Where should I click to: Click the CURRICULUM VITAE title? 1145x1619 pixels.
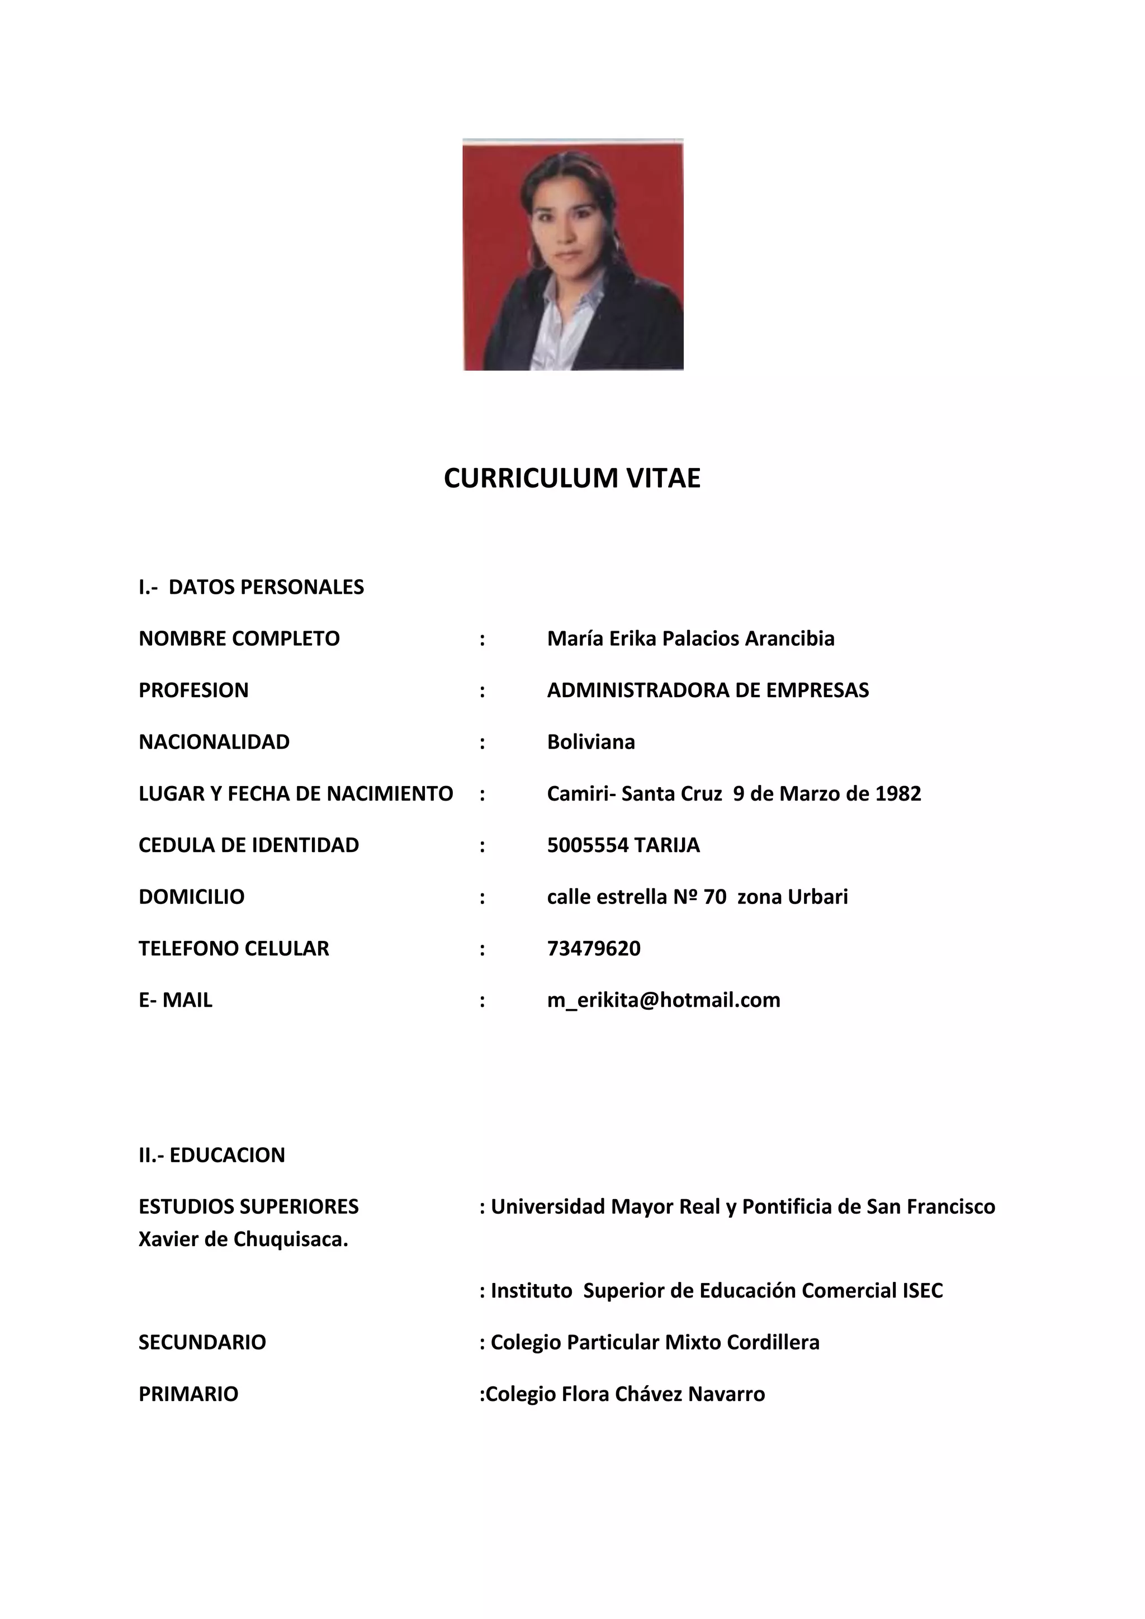tap(572, 478)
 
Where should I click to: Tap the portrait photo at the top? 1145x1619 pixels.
tap(572, 254)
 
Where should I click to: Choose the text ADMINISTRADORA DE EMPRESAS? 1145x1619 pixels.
tap(708, 690)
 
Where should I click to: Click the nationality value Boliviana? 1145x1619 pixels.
tap(591, 742)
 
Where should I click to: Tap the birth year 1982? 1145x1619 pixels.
tap(897, 793)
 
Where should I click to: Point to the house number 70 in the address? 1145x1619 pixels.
tap(715, 897)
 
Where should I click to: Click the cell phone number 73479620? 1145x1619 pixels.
tap(594, 948)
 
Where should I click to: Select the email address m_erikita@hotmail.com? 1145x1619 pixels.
tap(664, 1000)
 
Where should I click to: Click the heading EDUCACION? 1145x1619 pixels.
tap(227, 1155)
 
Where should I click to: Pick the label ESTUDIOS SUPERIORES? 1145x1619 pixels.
tap(249, 1206)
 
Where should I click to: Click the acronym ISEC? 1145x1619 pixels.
tap(922, 1290)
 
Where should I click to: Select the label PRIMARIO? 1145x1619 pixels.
tap(188, 1394)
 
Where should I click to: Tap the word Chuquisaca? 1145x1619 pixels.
tap(291, 1239)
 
